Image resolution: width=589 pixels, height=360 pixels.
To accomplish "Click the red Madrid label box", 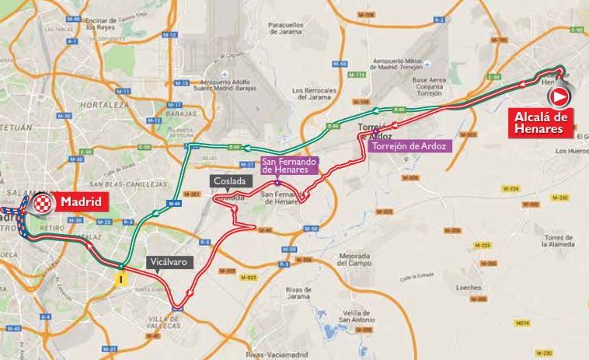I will coord(81,202).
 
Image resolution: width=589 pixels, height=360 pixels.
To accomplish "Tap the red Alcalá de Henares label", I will coord(536,123).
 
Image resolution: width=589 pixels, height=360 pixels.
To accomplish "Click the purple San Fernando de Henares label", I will coord(289,165).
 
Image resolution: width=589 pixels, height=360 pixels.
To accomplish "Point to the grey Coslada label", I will coord(233,180).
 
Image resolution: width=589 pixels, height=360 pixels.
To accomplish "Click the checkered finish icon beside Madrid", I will coord(45,204).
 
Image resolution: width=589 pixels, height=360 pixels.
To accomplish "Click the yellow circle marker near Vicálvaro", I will coord(120,278).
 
